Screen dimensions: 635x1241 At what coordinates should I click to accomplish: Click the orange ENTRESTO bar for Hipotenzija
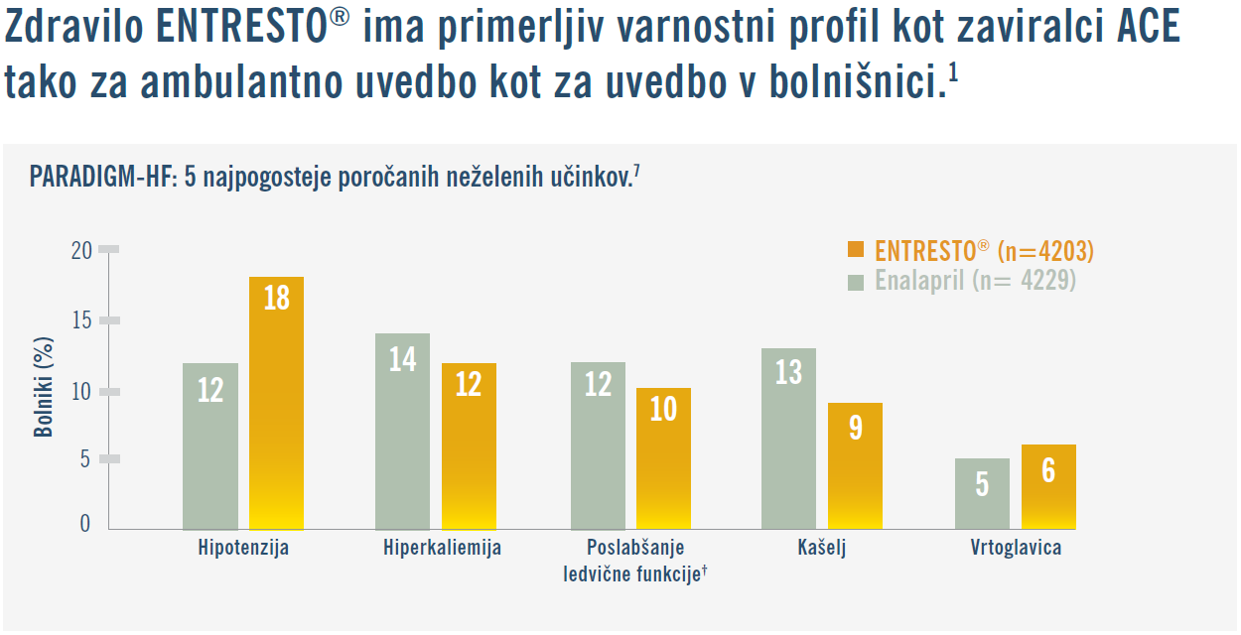[276, 417]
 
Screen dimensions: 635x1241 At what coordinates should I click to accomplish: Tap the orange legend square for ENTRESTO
[856, 251]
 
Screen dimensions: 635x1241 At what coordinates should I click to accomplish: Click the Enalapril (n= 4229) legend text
[975, 281]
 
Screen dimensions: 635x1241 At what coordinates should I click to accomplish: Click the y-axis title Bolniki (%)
[44, 387]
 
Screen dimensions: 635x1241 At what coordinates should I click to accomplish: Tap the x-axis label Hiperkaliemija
[442, 548]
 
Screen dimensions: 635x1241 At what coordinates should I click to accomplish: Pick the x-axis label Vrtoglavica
[1016, 548]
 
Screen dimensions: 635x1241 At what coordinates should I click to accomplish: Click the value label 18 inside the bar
[276, 298]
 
